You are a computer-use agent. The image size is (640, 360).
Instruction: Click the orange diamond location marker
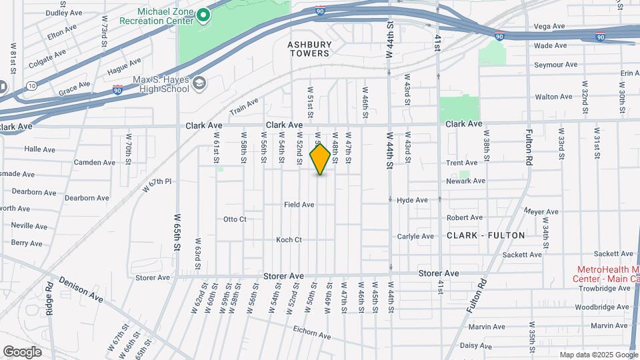(x=320, y=159)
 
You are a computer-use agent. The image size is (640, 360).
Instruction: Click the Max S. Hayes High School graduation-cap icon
(x=199, y=84)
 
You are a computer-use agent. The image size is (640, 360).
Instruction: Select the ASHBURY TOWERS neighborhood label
(x=309, y=49)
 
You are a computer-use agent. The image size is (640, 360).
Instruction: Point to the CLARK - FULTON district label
(x=485, y=235)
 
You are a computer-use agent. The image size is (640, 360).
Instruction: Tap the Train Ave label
(x=243, y=107)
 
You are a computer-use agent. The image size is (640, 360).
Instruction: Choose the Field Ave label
(x=299, y=205)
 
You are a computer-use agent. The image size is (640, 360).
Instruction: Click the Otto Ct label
(x=235, y=219)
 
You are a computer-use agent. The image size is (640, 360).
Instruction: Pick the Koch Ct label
(x=289, y=240)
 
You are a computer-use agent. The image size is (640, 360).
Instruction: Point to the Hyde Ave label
(x=412, y=200)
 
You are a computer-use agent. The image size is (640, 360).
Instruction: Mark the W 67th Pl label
(x=157, y=185)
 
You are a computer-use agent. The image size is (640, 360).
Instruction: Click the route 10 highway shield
(x=31, y=85)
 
